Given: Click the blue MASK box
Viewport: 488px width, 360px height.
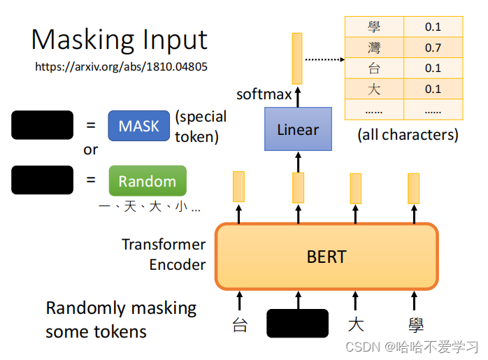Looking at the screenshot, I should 138,126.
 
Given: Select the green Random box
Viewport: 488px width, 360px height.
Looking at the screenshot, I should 147,180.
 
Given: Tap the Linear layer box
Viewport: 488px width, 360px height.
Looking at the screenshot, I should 297,129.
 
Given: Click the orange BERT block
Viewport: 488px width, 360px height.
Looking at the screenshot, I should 326,256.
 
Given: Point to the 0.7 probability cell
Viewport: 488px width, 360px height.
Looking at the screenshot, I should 433,48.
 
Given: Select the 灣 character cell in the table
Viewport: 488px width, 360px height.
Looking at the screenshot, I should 374,48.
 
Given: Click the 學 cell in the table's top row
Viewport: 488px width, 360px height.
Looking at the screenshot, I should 374,27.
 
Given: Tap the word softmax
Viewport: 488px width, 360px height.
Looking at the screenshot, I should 264,94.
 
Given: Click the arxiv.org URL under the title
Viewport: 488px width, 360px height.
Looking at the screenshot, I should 121,67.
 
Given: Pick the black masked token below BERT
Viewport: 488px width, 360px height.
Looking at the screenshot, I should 297,323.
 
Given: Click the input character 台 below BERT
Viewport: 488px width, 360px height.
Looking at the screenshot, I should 240,325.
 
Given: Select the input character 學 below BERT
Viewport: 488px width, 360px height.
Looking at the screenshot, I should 416,325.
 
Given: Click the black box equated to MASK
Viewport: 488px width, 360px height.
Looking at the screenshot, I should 42,125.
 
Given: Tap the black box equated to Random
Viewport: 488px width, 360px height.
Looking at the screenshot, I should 42,180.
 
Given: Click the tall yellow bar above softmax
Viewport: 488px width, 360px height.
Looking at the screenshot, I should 297,58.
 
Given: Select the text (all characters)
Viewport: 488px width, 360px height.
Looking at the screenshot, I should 408,135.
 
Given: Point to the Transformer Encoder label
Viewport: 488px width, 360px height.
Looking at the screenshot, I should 164,254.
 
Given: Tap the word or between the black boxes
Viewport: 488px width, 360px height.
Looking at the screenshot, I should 91,150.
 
